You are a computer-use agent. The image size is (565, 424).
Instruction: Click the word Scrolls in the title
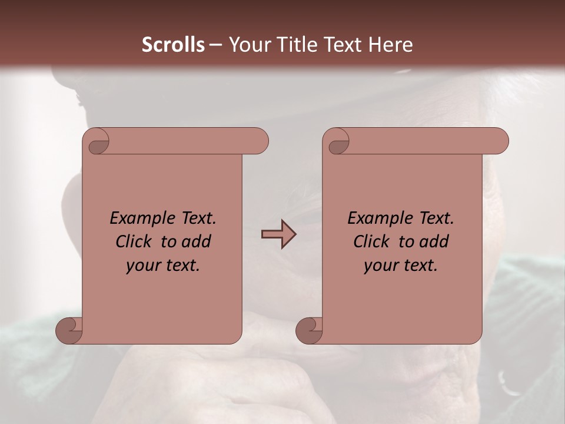(x=173, y=45)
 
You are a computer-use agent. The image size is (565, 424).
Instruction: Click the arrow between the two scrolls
(x=278, y=234)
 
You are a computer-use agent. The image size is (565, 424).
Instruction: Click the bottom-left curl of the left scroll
(x=68, y=330)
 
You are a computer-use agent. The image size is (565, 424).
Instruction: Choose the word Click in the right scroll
(x=371, y=241)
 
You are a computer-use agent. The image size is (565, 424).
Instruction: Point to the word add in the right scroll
(x=434, y=241)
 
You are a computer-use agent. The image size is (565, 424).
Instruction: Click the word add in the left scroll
(x=197, y=241)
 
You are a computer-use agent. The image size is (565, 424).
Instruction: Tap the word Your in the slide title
(x=247, y=45)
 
